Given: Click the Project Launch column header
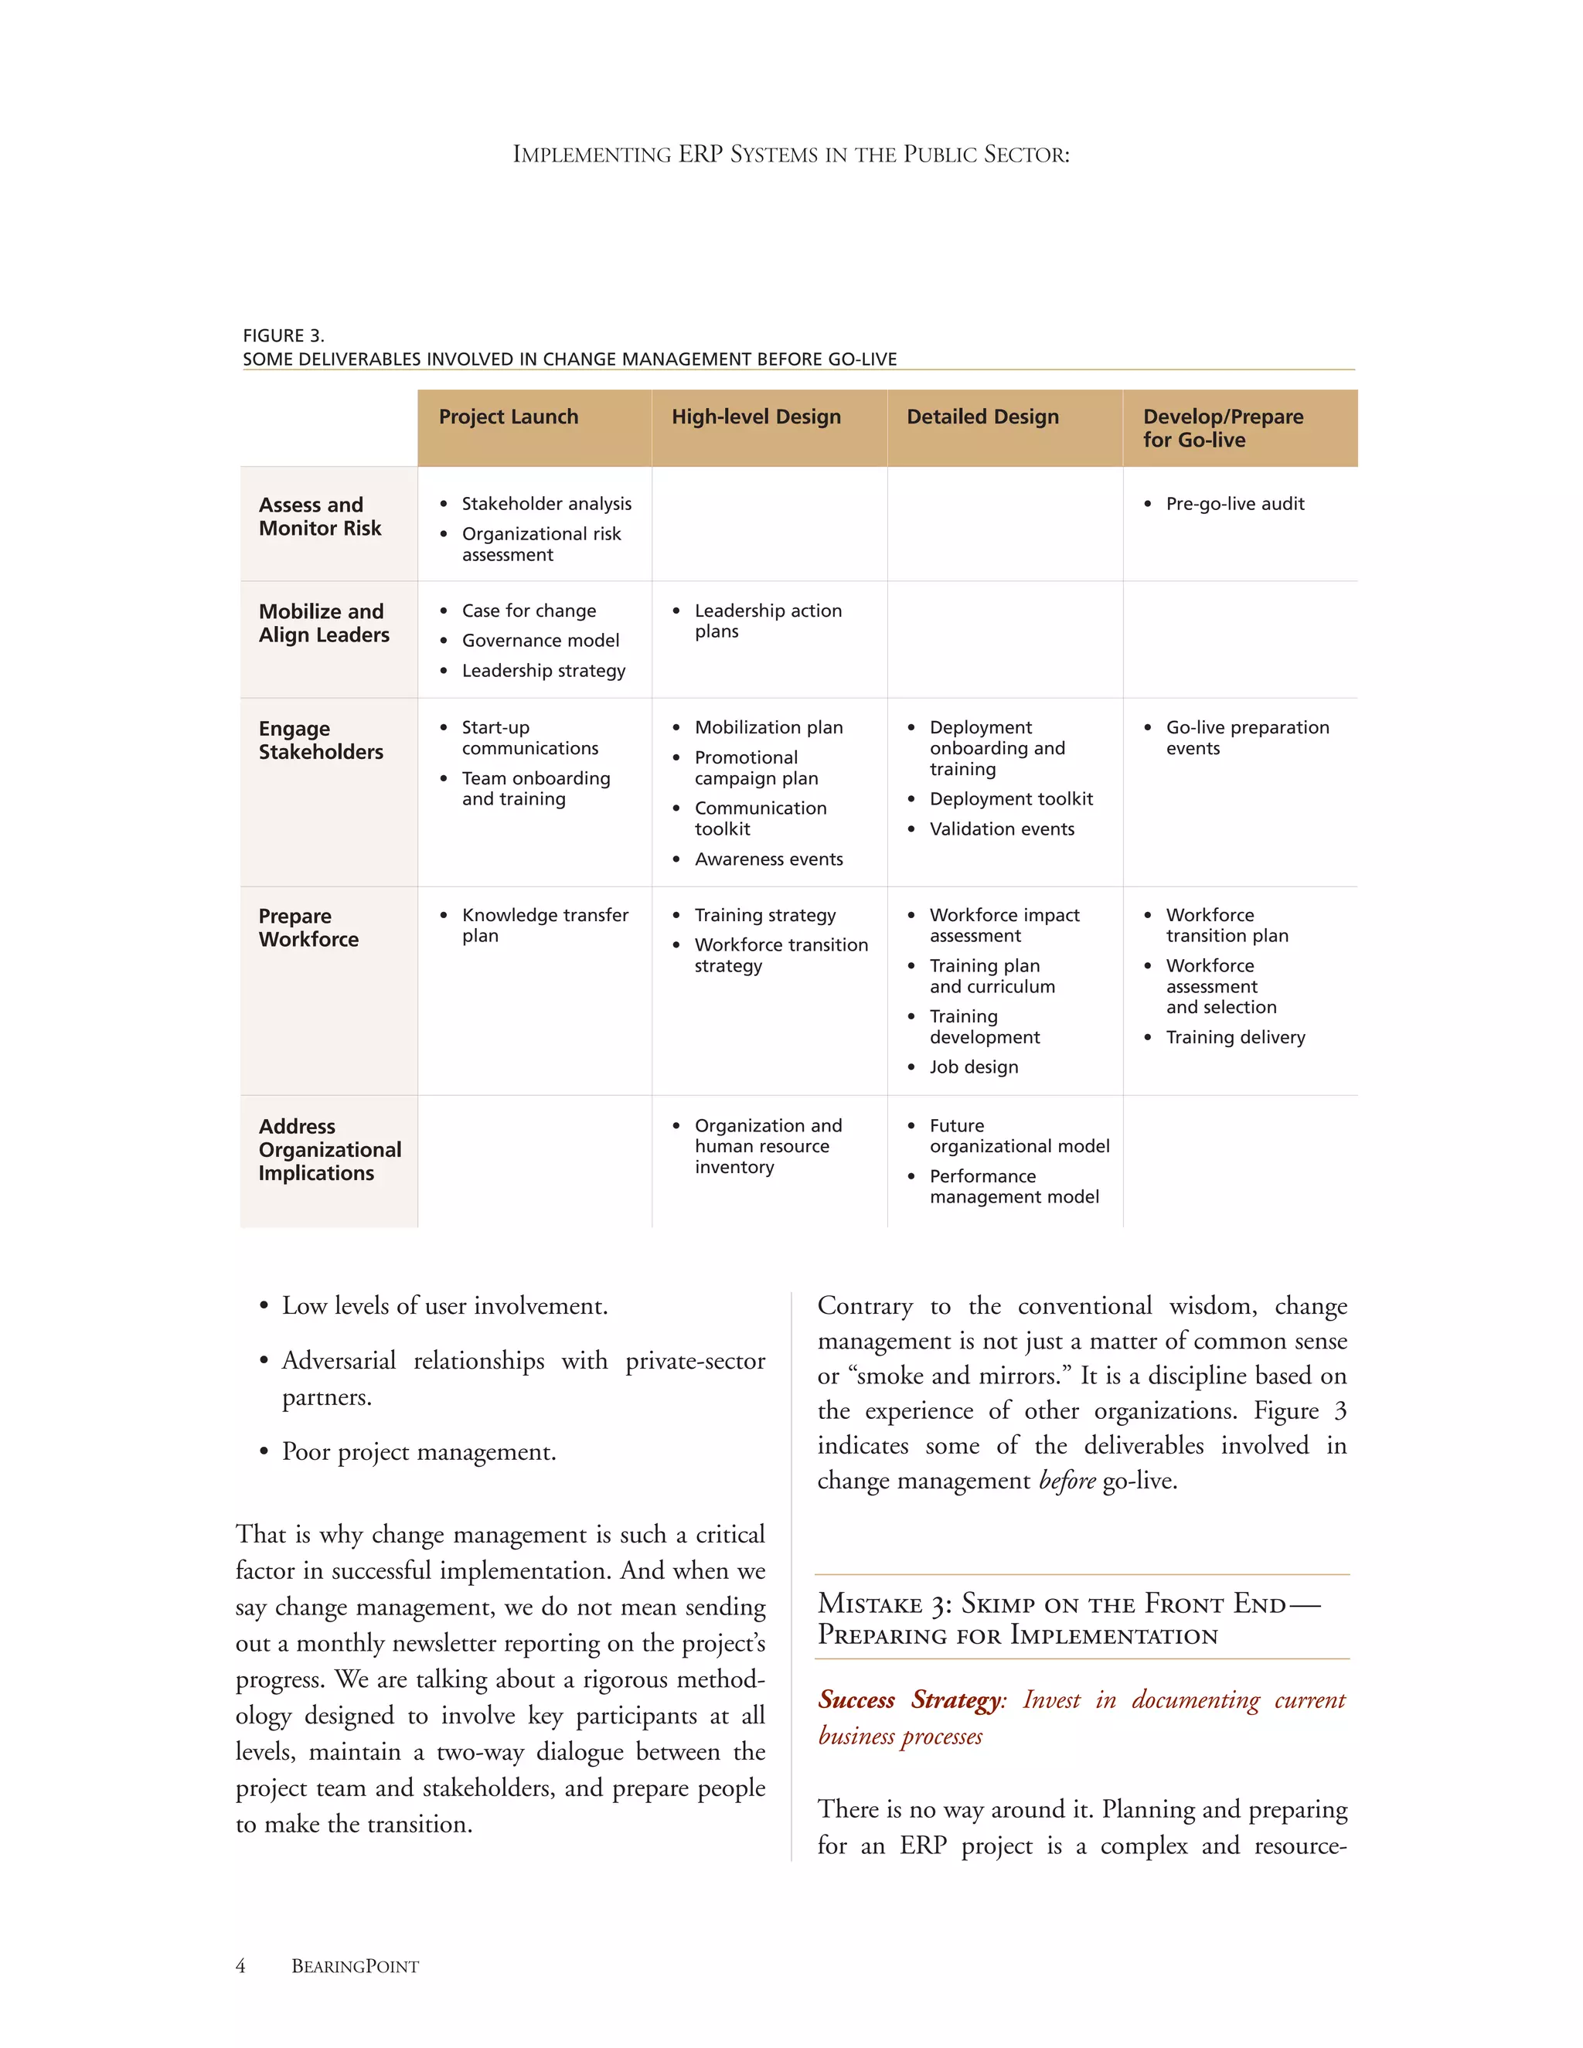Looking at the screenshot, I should (x=509, y=417).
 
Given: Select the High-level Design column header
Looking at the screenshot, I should (x=756, y=417).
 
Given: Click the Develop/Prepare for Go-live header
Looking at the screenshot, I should (x=1222, y=429).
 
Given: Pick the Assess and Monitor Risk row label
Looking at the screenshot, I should (x=320, y=517).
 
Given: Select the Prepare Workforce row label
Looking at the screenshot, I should (x=308, y=927).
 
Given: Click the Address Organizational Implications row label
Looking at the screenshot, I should (x=329, y=1150).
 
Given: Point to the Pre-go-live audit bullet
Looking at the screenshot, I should (x=1234, y=505).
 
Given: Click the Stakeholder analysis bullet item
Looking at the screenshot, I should (x=546, y=505).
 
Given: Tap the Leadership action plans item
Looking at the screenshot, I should (x=767, y=621).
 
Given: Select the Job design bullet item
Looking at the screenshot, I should (x=973, y=1067).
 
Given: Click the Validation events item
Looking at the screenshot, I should (x=1002, y=829).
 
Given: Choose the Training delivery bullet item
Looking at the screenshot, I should (x=1235, y=1037).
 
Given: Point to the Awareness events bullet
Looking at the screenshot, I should (x=768, y=859).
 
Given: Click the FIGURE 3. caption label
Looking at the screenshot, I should (x=283, y=335).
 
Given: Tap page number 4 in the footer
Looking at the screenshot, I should (x=241, y=1966).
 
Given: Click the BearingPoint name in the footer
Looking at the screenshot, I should (x=355, y=1966).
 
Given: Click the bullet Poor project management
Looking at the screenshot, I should (x=419, y=1453).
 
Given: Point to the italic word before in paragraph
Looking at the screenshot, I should (x=1067, y=1481).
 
